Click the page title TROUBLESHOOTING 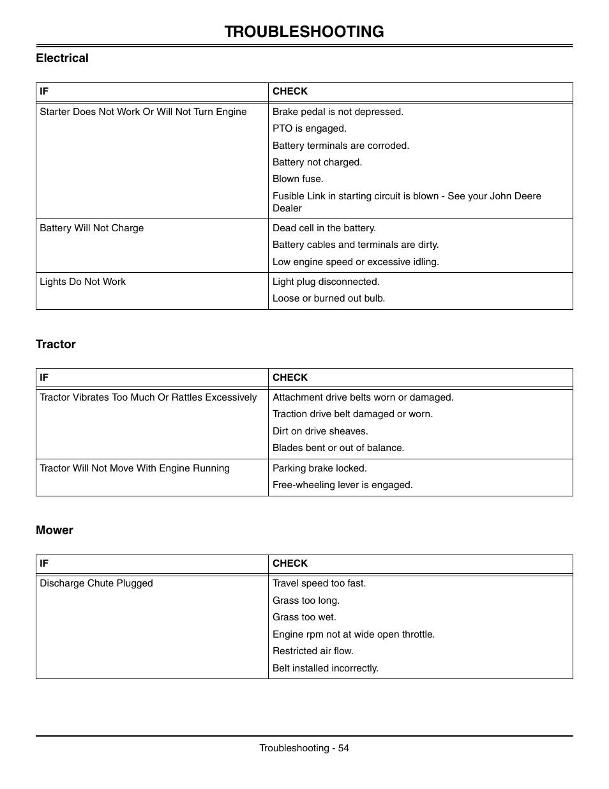coord(304,31)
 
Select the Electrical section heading coord(62,58)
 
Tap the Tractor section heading coord(56,344)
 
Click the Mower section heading coord(54,530)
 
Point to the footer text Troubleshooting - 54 coord(304,748)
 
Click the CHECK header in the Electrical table coord(290,91)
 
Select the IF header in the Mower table coord(44,563)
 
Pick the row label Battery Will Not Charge coord(91,228)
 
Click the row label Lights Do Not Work coord(82,282)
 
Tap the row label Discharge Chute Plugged coord(96,583)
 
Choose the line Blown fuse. coord(297,179)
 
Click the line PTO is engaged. coord(309,128)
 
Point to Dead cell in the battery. coord(324,228)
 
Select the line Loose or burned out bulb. coord(328,298)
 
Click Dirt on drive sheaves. coord(320,431)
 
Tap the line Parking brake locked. coord(319,468)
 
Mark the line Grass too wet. coord(304,617)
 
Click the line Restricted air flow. coord(312,651)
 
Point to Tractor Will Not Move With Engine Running coord(134,468)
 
